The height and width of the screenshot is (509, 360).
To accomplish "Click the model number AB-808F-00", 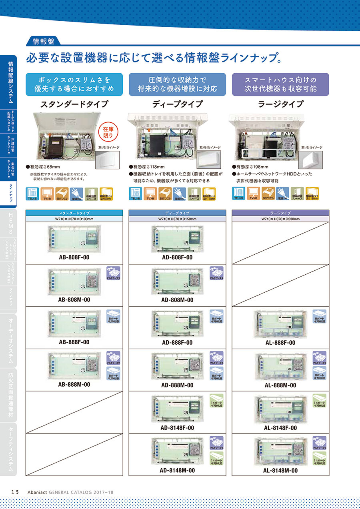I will click(x=74, y=257).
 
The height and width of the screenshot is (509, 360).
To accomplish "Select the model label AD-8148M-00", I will click(x=177, y=471).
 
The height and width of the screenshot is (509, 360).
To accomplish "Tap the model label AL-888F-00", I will click(x=280, y=343).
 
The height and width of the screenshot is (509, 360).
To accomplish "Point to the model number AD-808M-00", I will click(x=177, y=300).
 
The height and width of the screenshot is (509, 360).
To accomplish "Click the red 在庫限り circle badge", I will click(x=108, y=132).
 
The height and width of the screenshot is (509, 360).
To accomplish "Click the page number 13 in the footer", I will click(x=15, y=492).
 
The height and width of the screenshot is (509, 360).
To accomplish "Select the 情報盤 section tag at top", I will click(x=43, y=40).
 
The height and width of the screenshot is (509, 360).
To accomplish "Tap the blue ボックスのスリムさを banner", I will click(x=74, y=84).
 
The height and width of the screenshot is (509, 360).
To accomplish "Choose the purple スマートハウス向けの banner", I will click(x=280, y=84).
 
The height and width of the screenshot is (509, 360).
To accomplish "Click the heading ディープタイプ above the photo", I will click(x=177, y=104).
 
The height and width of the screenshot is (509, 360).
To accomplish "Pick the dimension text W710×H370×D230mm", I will click(x=280, y=219).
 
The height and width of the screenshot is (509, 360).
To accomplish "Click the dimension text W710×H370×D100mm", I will click(x=74, y=219).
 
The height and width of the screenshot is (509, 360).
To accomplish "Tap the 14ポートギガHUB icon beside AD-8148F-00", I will click(x=216, y=401).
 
